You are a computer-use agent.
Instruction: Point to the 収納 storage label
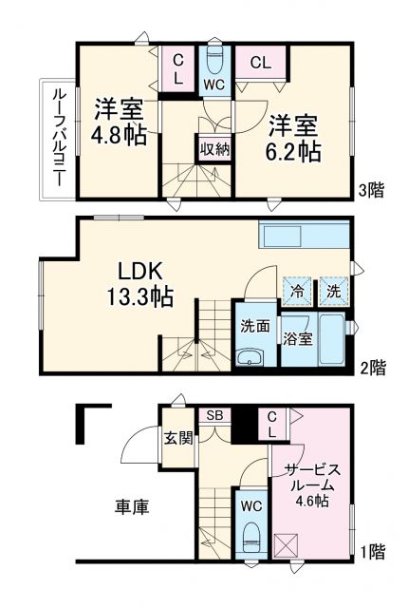click(213, 148)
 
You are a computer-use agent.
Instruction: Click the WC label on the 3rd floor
click(214, 84)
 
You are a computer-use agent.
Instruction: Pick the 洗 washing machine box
click(333, 287)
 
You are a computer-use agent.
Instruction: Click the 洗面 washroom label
click(255, 324)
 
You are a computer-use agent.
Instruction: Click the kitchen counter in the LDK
click(303, 237)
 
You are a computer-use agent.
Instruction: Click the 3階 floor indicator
click(372, 189)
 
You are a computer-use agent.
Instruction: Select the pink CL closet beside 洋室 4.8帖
click(177, 68)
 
